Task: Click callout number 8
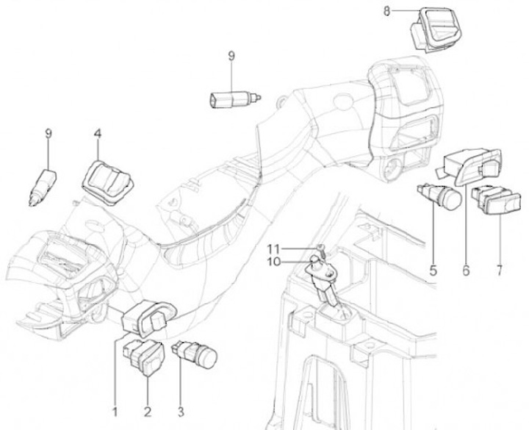tap(387, 10)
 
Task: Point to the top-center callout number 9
tap(231, 55)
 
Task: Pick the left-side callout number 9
tap(48, 133)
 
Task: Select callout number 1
tap(114, 409)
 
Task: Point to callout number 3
tap(180, 409)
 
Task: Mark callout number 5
tap(433, 270)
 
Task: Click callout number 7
tap(499, 270)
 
